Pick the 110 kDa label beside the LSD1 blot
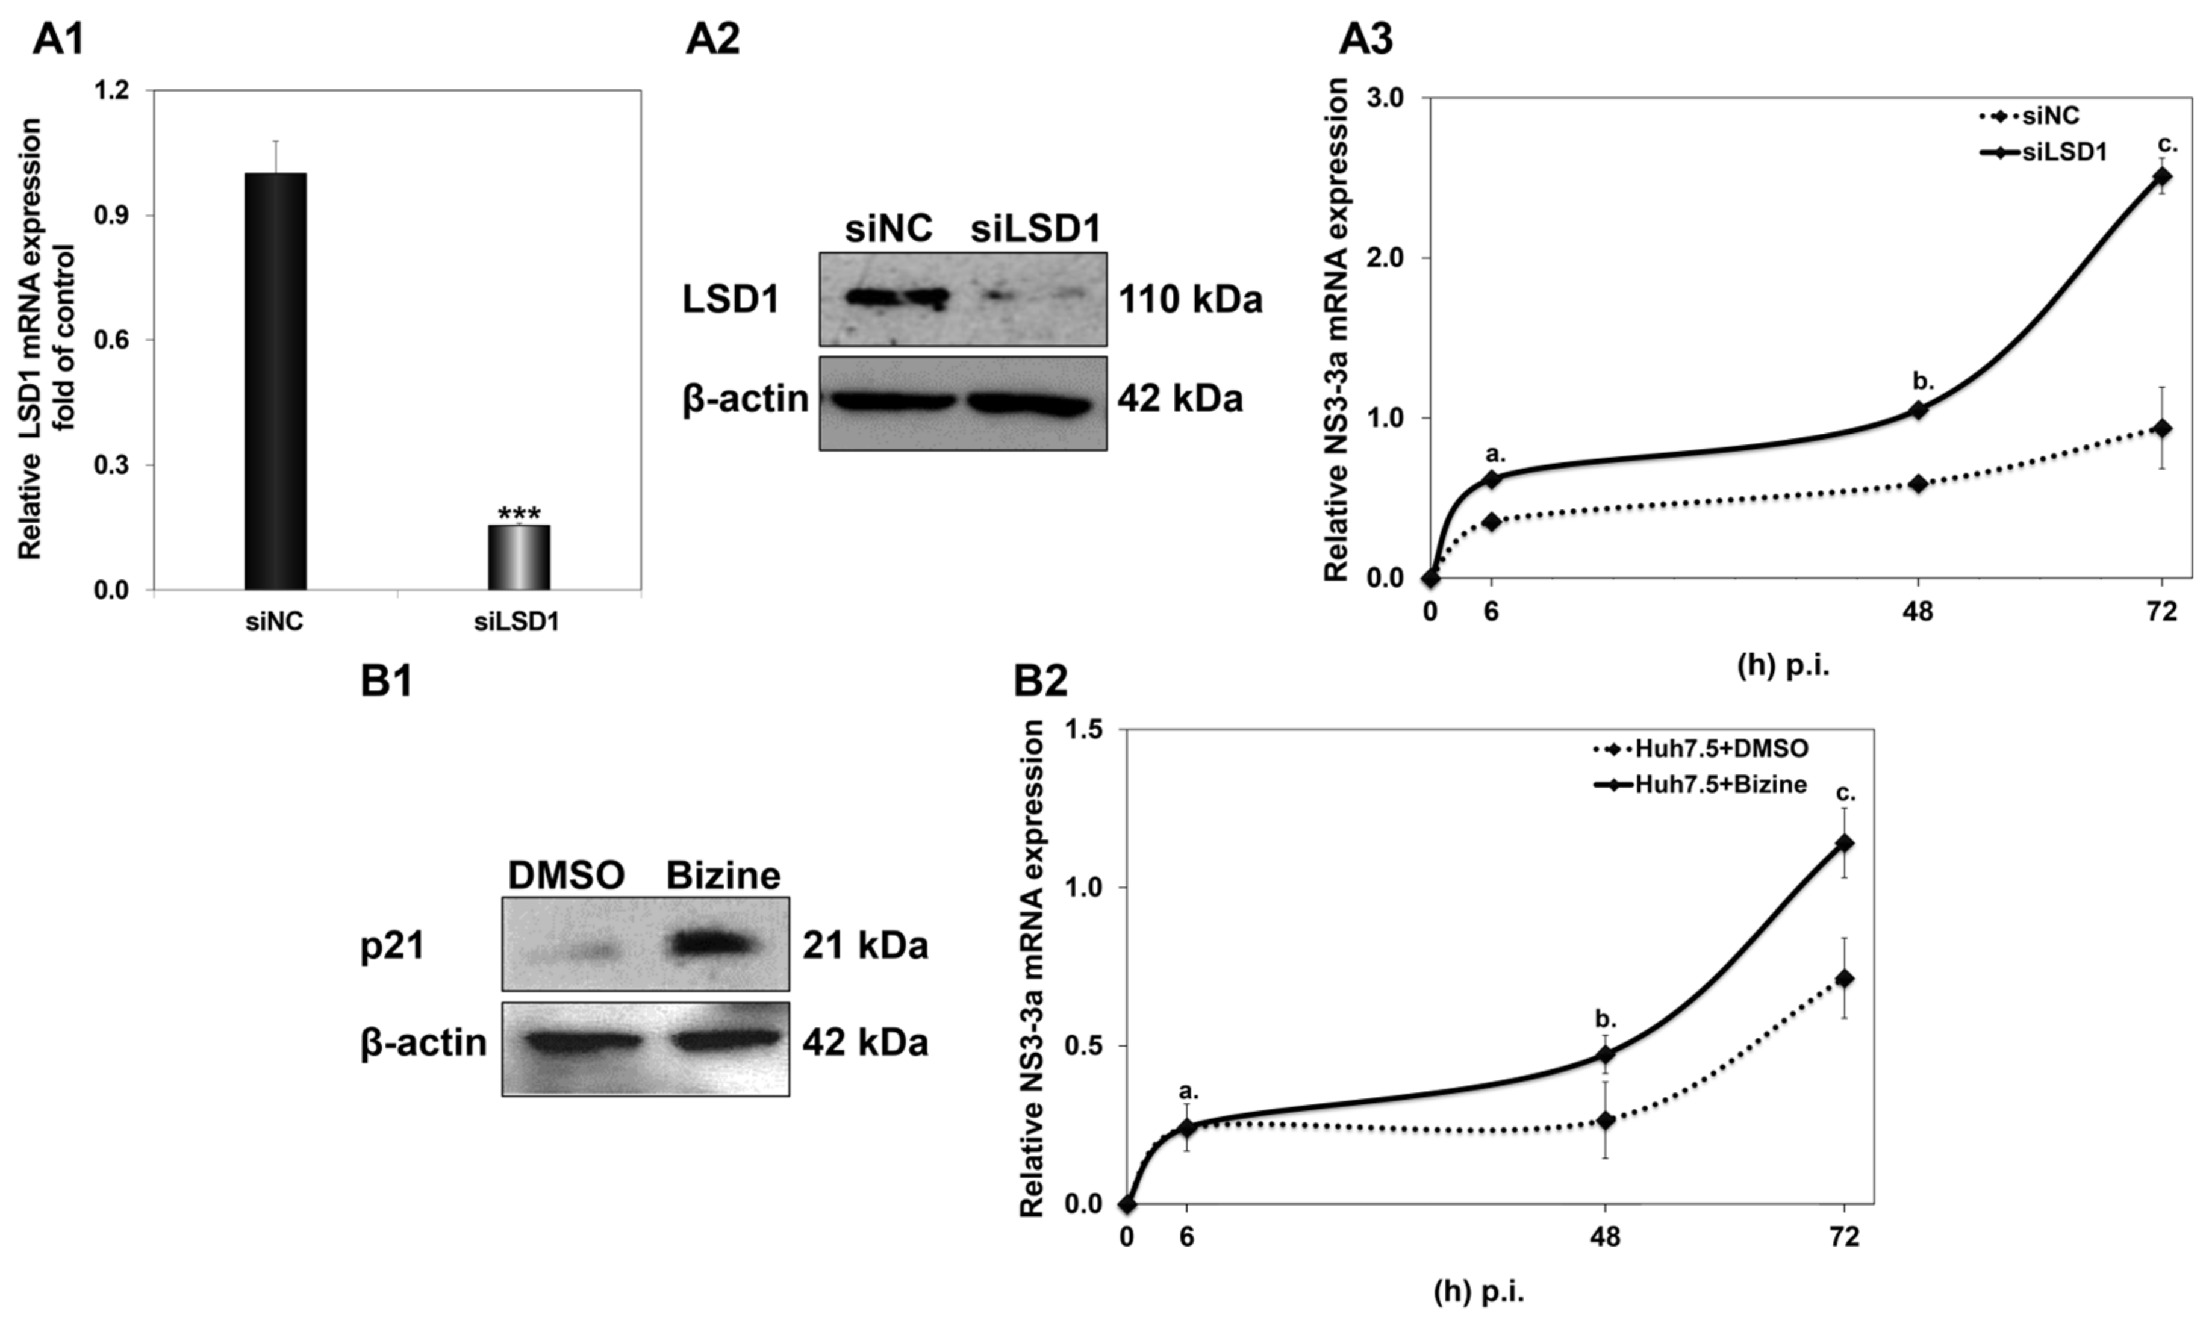(1190, 300)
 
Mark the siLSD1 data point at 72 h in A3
(2162, 176)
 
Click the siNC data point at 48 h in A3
(1918, 484)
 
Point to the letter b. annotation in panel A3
(1924, 382)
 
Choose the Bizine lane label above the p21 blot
(723, 876)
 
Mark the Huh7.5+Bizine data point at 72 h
(1845, 843)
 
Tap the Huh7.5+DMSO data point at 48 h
(1605, 1121)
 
